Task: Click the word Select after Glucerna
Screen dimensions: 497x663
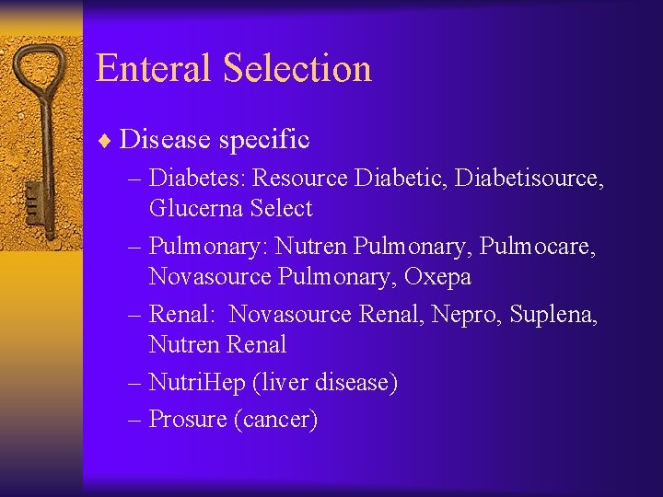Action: (x=281, y=209)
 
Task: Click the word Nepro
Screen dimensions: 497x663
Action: (x=450, y=314)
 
